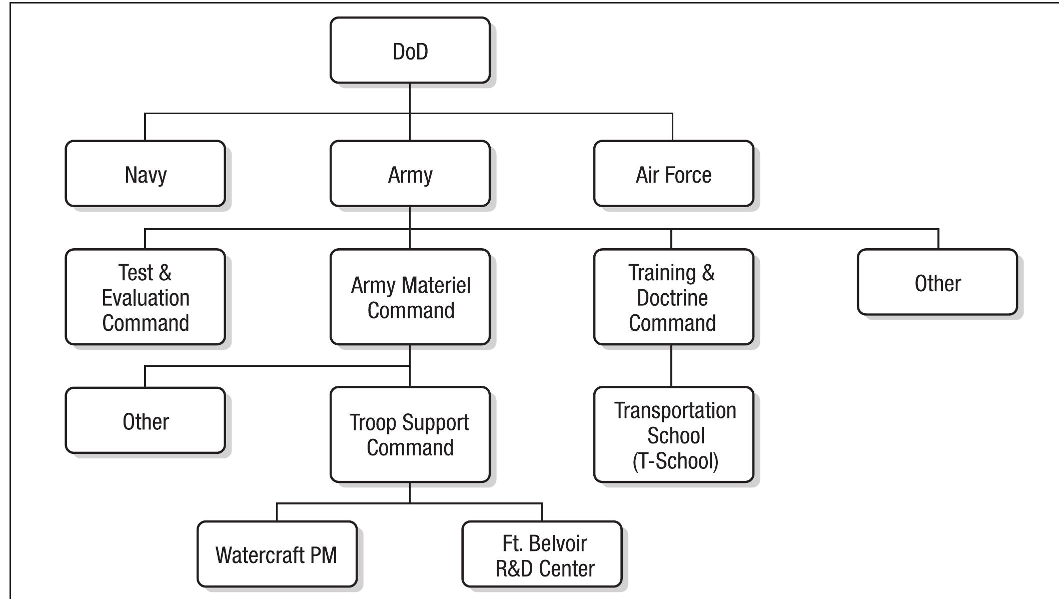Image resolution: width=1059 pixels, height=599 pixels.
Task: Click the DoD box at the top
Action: [x=410, y=51]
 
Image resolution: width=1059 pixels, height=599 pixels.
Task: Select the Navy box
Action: [x=145, y=174]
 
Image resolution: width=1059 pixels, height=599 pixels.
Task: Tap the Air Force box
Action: [x=673, y=174]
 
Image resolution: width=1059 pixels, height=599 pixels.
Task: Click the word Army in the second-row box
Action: [x=410, y=175]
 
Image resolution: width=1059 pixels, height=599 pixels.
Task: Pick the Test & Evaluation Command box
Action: [x=145, y=297]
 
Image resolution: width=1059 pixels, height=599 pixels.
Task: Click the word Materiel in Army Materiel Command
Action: [x=436, y=285]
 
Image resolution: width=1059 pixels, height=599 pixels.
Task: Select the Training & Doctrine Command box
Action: [x=673, y=297]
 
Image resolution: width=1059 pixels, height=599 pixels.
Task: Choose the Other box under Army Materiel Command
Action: [x=145, y=420]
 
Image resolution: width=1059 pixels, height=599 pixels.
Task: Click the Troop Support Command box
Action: [x=410, y=434]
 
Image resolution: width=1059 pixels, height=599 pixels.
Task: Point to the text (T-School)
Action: [x=675, y=461]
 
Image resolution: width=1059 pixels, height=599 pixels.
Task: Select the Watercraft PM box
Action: [x=277, y=554]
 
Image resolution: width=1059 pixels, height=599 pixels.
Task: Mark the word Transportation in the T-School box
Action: [x=675, y=410]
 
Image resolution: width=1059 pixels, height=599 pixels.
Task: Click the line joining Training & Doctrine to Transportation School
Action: [x=671, y=365]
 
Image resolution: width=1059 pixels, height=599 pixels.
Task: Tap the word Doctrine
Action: [x=672, y=298]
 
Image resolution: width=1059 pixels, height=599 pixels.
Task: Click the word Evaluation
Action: [x=146, y=298]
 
